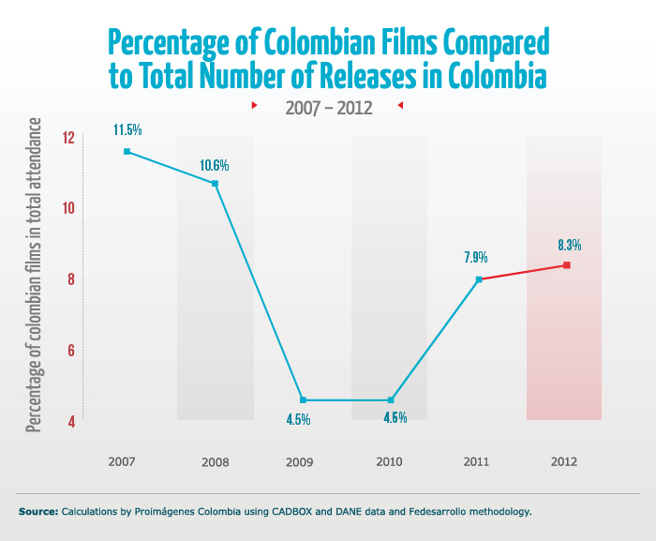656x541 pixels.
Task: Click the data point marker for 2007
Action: click(x=127, y=151)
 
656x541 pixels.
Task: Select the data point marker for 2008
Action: click(x=215, y=183)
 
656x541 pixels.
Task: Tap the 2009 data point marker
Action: click(x=303, y=400)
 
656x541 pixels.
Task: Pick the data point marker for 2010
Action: click(x=391, y=400)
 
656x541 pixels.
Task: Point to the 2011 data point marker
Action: click(x=479, y=279)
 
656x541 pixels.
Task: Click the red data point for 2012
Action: click(x=567, y=265)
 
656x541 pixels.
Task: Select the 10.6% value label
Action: click(x=214, y=165)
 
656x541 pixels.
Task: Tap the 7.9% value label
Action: click(x=476, y=257)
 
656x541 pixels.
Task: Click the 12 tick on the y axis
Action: click(x=67, y=138)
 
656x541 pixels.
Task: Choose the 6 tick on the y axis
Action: click(x=69, y=351)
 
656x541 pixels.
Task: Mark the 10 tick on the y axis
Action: click(x=67, y=208)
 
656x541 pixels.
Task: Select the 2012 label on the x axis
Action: click(x=565, y=461)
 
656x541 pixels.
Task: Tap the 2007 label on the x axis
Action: click(x=122, y=461)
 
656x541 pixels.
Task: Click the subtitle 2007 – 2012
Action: click(x=328, y=107)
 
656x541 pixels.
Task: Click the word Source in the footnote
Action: click(x=37, y=512)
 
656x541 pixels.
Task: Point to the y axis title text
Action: click(x=35, y=276)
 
